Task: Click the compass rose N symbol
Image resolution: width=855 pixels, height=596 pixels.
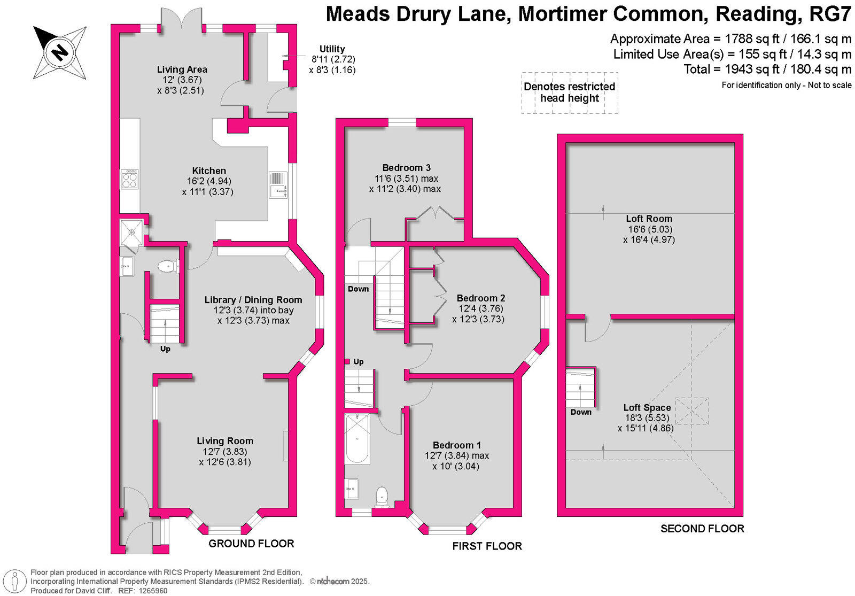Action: [60, 52]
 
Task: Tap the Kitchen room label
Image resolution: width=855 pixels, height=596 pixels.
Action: [209, 171]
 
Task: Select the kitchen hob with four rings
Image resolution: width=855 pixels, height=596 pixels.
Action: [130, 179]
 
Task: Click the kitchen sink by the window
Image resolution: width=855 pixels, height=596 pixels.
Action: [278, 185]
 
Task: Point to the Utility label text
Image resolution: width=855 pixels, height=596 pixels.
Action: [332, 49]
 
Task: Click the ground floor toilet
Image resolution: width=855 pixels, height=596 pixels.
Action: [168, 266]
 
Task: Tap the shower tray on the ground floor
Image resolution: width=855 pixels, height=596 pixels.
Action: [131, 231]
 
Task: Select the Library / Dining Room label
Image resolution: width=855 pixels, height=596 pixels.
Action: [253, 300]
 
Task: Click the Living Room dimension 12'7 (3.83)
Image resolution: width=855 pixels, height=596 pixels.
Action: [225, 452]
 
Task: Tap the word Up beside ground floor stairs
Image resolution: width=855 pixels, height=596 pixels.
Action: [165, 349]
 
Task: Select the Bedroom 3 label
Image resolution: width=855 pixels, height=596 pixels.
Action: [406, 168]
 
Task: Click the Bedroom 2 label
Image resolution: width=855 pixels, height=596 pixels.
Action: [480, 298]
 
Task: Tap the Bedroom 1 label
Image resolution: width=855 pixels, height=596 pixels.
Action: [457, 445]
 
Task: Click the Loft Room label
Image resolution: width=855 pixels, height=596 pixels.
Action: [649, 219]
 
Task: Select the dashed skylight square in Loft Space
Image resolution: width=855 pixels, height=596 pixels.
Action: [692, 411]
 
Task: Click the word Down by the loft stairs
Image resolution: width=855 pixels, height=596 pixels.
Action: [581, 412]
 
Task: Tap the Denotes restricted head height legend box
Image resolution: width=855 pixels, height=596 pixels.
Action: [570, 92]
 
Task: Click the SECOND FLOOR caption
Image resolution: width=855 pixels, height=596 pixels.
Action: [702, 529]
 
